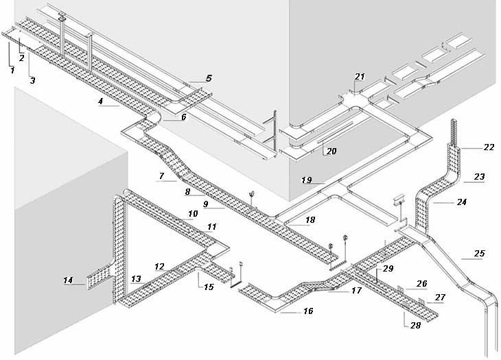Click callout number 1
(x=12, y=70)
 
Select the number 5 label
(x=209, y=78)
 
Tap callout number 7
(x=162, y=176)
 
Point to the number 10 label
(x=193, y=213)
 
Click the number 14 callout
(x=68, y=280)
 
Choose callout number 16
(x=308, y=311)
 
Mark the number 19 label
(x=306, y=180)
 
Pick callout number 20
(x=331, y=151)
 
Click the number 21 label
(x=360, y=77)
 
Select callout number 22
(x=489, y=147)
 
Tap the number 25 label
(x=479, y=254)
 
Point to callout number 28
(x=415, y=325)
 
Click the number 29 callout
(x=388, y=269)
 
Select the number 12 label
(x=159, y=267)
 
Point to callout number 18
(x=310, y=220)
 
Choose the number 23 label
(x=479, y=176)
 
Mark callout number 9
(x=206, y=204)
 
